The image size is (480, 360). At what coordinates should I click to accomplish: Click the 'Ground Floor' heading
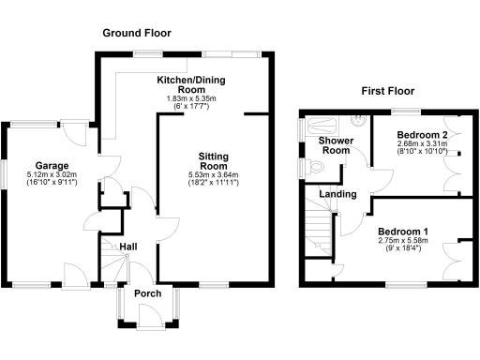pyautogui.click(x=136, y=33)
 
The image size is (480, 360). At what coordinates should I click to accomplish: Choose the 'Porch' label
pyautogui.click(x=147, y=293)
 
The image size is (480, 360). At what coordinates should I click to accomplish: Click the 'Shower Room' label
pyautogui.click(x=335, y=145)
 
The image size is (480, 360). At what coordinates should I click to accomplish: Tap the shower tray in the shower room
pyautogui.click(x=325, y=123)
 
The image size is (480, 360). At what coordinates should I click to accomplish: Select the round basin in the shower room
pyautogui.click(x=358, y=120)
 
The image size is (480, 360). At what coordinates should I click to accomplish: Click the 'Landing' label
pyautogui.click(x=337, y=194)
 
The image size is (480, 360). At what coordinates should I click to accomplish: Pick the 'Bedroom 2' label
pyautogui.click(x=420, y=134)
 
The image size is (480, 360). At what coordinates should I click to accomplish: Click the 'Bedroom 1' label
pyautogui.click(x=404, y=231)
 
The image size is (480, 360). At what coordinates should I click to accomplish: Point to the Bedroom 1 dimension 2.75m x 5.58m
pyautogui.click(x=404, y=241)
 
